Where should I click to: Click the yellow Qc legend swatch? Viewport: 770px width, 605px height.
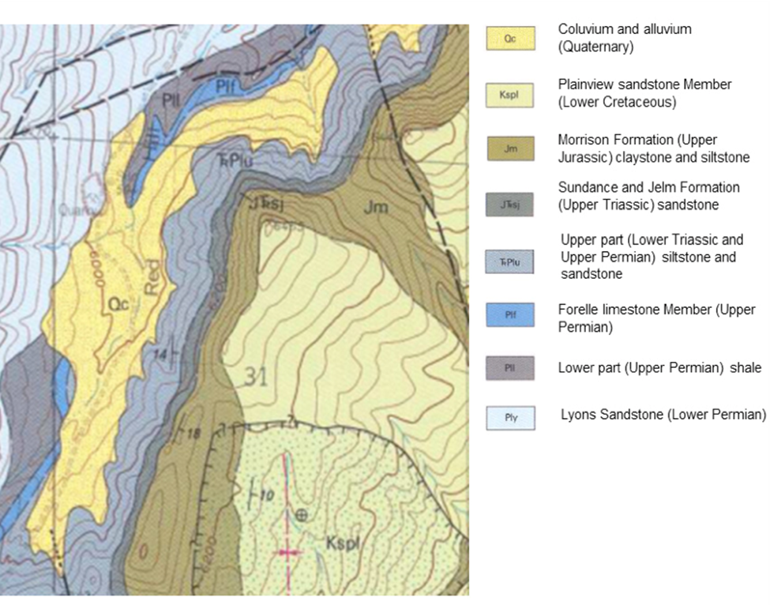510,39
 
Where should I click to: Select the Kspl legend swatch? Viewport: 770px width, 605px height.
510,95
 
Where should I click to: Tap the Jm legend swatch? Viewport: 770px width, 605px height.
510,148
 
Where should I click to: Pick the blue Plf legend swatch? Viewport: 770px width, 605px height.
510,315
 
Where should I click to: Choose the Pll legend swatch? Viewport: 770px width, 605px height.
510,368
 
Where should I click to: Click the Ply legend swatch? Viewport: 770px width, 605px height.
510,417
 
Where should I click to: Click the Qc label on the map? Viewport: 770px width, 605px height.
120,302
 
